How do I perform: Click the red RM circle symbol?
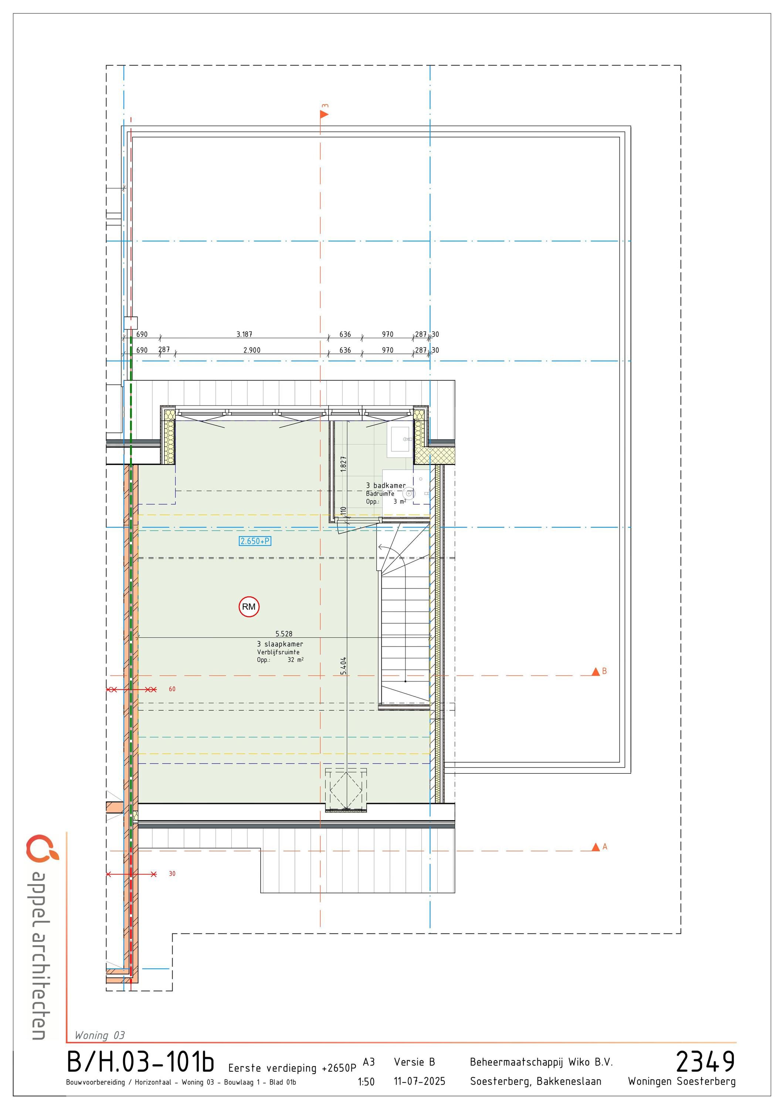[249, 607]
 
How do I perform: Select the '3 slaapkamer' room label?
[280, 644]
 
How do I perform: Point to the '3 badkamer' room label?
[386, 485]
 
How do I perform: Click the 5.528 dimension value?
[284, 634]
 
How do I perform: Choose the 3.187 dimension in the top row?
[244, 334]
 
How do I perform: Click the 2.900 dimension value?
[252, 350]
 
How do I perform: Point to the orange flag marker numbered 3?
[324, 114]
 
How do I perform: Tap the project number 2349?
[705, 1061]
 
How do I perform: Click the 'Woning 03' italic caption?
[99, 1035]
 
